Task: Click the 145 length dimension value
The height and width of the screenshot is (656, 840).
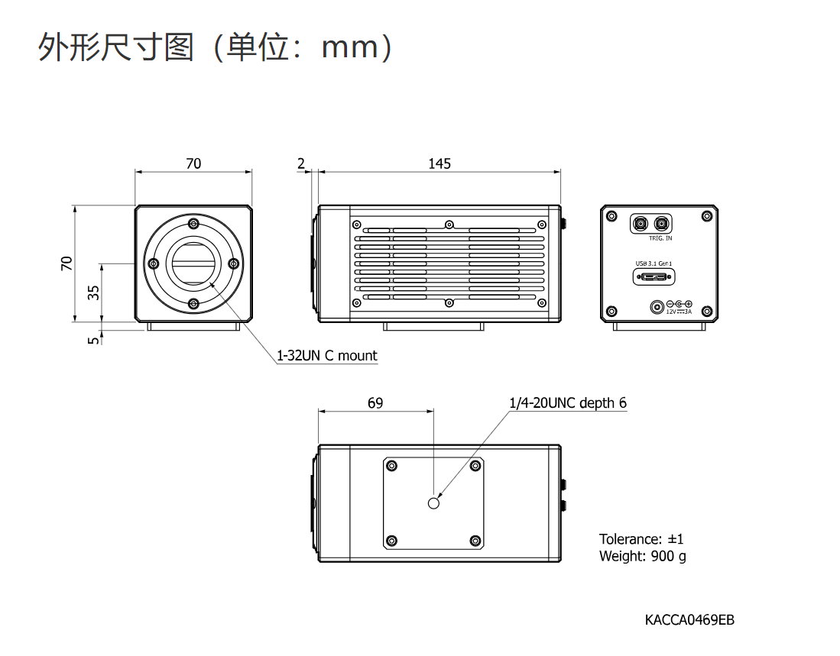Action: tap(439, 163)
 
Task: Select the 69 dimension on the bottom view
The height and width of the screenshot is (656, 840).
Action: tap(375, 402)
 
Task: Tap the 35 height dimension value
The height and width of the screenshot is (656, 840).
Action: tap(93, 292)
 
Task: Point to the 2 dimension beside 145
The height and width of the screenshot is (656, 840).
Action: tap(301, 163)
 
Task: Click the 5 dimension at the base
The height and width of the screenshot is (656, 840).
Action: tap(93, 340)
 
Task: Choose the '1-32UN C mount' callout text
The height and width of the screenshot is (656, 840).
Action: tap(327, 356)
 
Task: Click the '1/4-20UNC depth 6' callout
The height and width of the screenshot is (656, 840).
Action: tap(568, 402)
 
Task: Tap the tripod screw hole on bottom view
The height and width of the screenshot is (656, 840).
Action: tap(434, 503)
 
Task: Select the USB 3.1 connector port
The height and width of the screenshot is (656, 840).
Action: tap(654, 276)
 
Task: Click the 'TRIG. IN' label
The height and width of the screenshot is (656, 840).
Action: tap(660, 238)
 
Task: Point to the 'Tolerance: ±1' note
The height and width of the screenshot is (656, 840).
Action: tap(641, 539)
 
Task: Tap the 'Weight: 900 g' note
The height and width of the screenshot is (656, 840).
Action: tap(642, 556)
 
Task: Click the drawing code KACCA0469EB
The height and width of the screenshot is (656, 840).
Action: tap(689, 619)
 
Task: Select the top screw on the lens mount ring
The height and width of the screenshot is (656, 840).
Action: tap(194, 224)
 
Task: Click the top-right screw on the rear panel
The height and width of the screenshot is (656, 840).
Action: tap(706, 217)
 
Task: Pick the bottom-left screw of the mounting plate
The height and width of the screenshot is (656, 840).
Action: tap(392, 540)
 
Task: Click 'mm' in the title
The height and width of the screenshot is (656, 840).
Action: tap(350, 48)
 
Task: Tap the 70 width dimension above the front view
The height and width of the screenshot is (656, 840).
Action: tap(193, 163)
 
